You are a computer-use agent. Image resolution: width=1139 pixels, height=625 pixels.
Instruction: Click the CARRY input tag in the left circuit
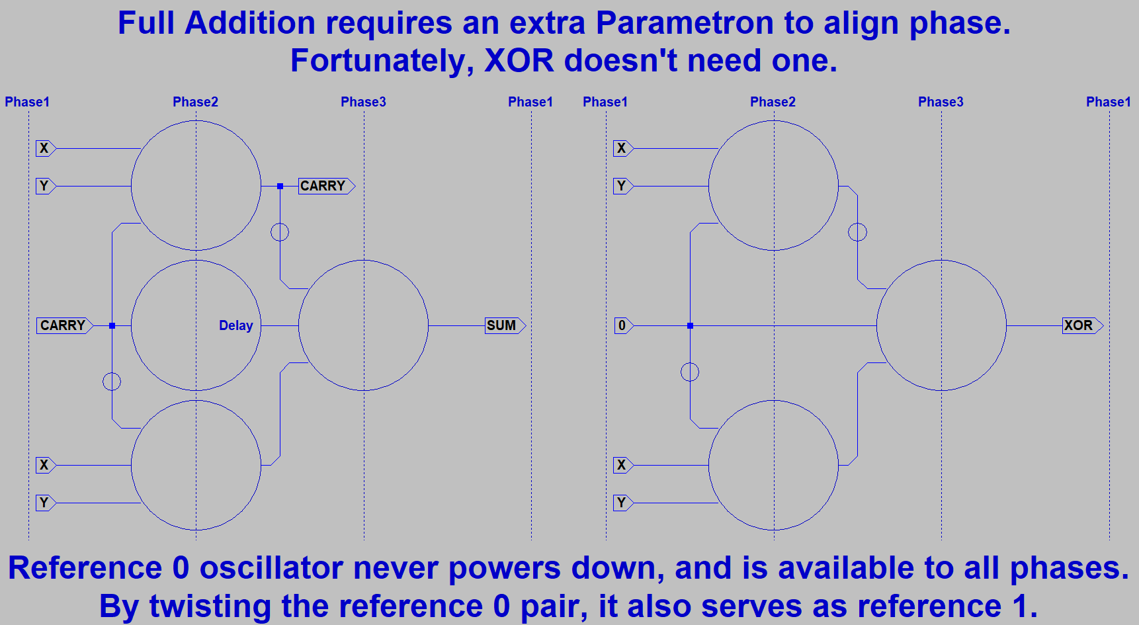tap(63, 325)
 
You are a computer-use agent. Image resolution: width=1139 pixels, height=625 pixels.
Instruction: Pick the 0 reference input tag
tap(622, 325)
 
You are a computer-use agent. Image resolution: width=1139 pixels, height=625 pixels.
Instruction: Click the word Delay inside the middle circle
tap(236, 325)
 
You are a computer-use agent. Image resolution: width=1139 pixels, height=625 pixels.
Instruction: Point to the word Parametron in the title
tap(685, 23)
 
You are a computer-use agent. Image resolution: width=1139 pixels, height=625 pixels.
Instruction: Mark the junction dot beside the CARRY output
tap(280, 187)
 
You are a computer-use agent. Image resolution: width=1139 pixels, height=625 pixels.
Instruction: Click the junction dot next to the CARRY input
tap(112, 325)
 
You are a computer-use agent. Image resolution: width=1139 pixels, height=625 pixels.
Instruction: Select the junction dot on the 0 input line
tap(690, 325)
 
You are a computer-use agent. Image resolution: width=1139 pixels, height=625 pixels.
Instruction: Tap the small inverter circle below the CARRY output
tap(280, 232)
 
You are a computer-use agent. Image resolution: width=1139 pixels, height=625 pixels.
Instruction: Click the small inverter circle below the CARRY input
tap(112, 382)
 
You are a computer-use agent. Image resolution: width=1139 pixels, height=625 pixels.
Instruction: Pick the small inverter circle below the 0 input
tap(690, 372)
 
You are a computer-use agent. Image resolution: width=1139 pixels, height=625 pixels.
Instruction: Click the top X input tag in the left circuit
tap(44, 148)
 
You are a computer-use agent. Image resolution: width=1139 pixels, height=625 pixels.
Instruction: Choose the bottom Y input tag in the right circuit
tap(622, 503)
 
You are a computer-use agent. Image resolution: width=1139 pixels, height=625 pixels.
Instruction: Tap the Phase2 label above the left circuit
tap(195, 102)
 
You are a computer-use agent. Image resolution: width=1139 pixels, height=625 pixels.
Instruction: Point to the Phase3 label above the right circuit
tap(941, 102)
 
